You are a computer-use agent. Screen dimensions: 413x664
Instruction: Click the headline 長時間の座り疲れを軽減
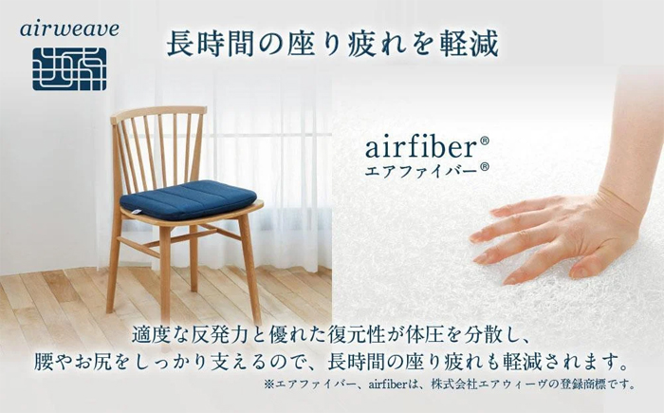(x=332, y=45)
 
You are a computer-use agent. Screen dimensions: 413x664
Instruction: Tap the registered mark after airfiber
(x=484, y=141)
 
